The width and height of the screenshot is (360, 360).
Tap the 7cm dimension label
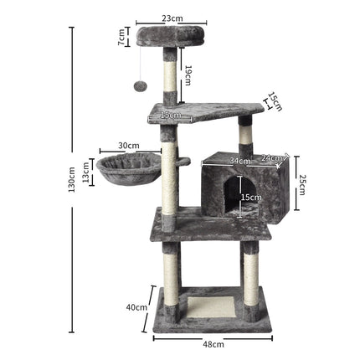121,37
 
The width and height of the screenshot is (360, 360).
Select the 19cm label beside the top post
188,75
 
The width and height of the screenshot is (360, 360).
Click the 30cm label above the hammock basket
128,145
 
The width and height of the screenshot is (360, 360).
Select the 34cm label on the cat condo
239,160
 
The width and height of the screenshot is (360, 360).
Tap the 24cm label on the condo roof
271,157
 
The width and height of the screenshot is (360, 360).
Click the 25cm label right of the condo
302,183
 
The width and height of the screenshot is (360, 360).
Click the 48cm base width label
213,343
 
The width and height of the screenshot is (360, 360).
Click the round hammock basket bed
126,169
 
